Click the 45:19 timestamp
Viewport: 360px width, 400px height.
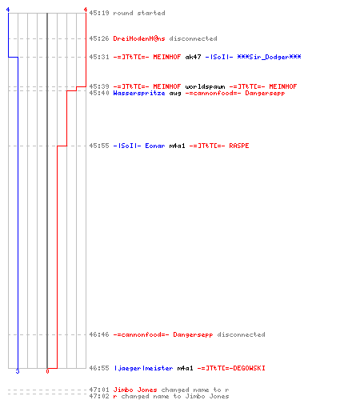click(99, 13)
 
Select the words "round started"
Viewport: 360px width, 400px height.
click(139, 13)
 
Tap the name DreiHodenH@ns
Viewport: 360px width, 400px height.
click(139, 38)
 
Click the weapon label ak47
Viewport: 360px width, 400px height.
click(193, 57)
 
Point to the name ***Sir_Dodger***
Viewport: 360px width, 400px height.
click(269, 57)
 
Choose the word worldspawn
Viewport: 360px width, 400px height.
click(205, 86)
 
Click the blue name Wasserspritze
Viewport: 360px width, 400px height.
click(139, 93)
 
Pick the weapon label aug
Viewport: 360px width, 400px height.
click(175, 94)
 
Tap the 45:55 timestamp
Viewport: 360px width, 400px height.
click(99, 146)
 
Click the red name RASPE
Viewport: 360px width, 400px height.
click(239, 146)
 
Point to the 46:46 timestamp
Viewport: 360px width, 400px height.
click(99, 334)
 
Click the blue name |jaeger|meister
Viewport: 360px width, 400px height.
click(143, 368)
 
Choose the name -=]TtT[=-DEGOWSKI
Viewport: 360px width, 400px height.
click(231, 368)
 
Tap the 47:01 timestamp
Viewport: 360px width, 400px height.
click(99, 390)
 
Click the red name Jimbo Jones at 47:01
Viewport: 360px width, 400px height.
click(135, 390)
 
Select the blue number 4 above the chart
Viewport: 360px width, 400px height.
click(8, 10)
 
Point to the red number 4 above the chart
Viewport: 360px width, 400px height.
click(86, 10)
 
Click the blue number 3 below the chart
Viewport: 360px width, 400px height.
click(18, 371)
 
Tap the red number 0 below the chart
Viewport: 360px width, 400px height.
click(47, 371)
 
